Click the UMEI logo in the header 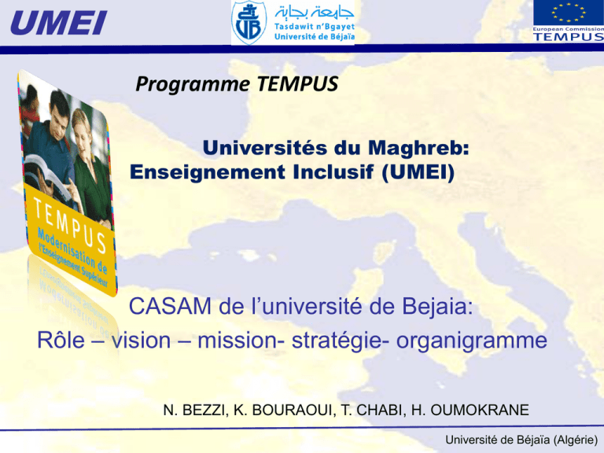pyautogui.click(x=58, y=23)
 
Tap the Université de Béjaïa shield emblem pyautogui.click(x=249, y=22)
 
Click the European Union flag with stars pyautogui.click(x=568, y=13)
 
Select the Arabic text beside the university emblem pyautogui.click(x=315, y=13)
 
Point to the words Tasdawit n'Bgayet pyautogui.click(x=315, y=27)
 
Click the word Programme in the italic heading pyautogui.click(x=193, y=84)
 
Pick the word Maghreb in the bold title pyautogui.click(x=418, y=148)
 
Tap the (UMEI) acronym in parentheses pyautogui.click(x=418, y=172)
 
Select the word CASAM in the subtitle pyautogui.click(x=170, y=307)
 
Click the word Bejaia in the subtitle pyautogui.click(x=437, y=307)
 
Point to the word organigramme pyautogui.click(x=472, y=341)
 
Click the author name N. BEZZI pyautogui.click(x=194, y=411)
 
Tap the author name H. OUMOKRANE pyautogui.click(x=470, y=411)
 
